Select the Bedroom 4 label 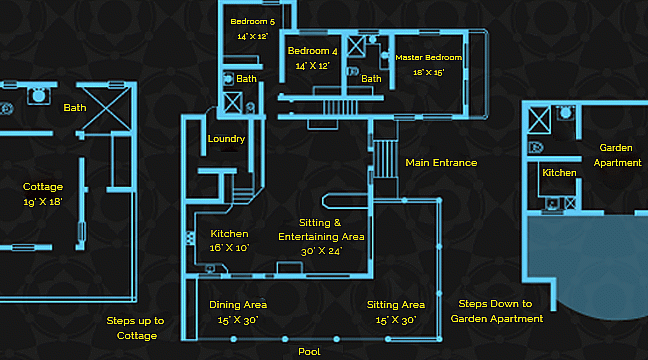click(313, 51)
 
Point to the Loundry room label click(226, 139)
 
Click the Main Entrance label click(441, 162)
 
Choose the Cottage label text click(43, 187)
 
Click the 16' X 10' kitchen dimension click(229, 247)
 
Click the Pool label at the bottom click(309, 352)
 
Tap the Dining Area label click(238, 305)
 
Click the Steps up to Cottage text click(135, 328)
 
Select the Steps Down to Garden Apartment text click(496, 311)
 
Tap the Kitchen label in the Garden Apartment click(559, 173)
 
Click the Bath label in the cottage click(75, 107)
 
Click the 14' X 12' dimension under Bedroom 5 click(253, 35)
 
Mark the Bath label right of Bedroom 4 click(371, 79)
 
